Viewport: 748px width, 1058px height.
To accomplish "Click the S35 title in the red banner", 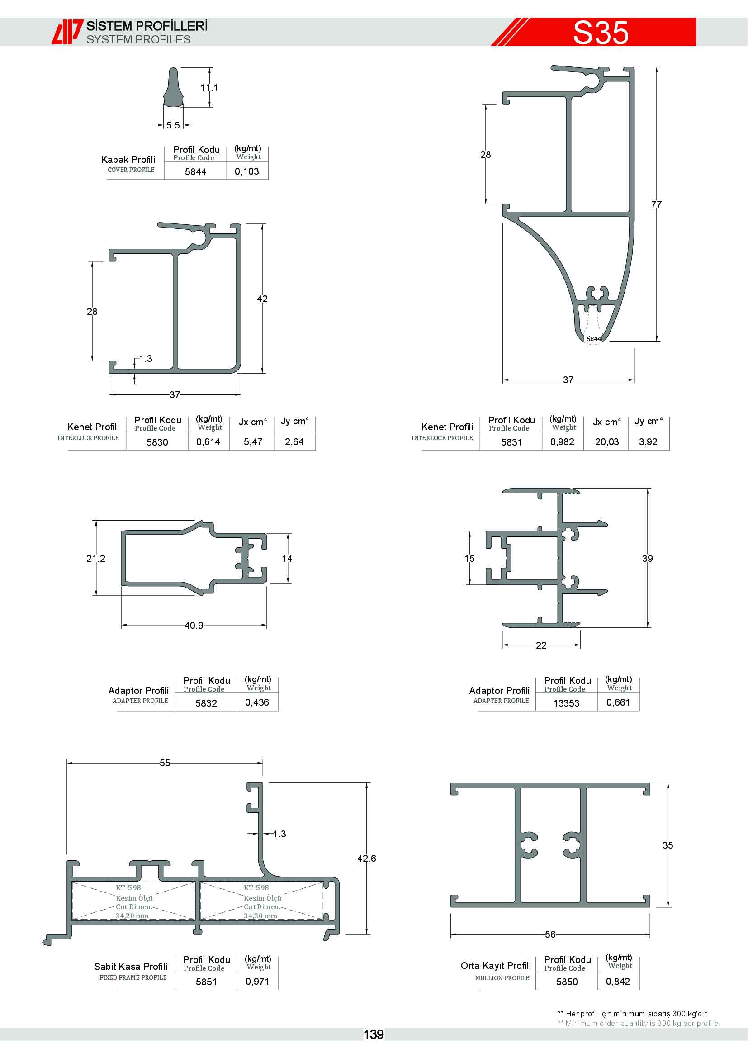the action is click(601, 33).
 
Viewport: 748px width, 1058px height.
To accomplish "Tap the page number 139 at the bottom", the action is click(374, 1034).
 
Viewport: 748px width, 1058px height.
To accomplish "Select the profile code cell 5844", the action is click(196, 172).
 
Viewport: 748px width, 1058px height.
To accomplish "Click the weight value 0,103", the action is click(247, 171).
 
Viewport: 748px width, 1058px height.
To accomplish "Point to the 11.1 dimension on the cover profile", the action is click(209, 88).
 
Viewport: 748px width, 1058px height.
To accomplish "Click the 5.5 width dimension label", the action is click(173, 125).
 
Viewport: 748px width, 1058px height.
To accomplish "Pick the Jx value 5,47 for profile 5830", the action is click(253, 442).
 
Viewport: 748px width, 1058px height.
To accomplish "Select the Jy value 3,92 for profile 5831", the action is click(648, 442).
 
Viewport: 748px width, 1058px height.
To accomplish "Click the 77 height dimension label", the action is click(656, 204).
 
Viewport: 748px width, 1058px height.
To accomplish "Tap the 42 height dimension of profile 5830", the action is click(262, 299).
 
